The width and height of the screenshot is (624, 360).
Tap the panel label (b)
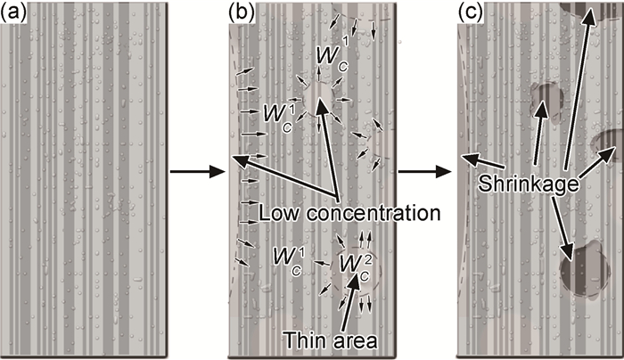pyautogui.click(x=243, y=12)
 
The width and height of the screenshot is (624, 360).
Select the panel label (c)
pyautogui.click(x=470, y=12)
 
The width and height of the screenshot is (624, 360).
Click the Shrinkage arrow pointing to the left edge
pyautogui.click(x=481, y=166)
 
